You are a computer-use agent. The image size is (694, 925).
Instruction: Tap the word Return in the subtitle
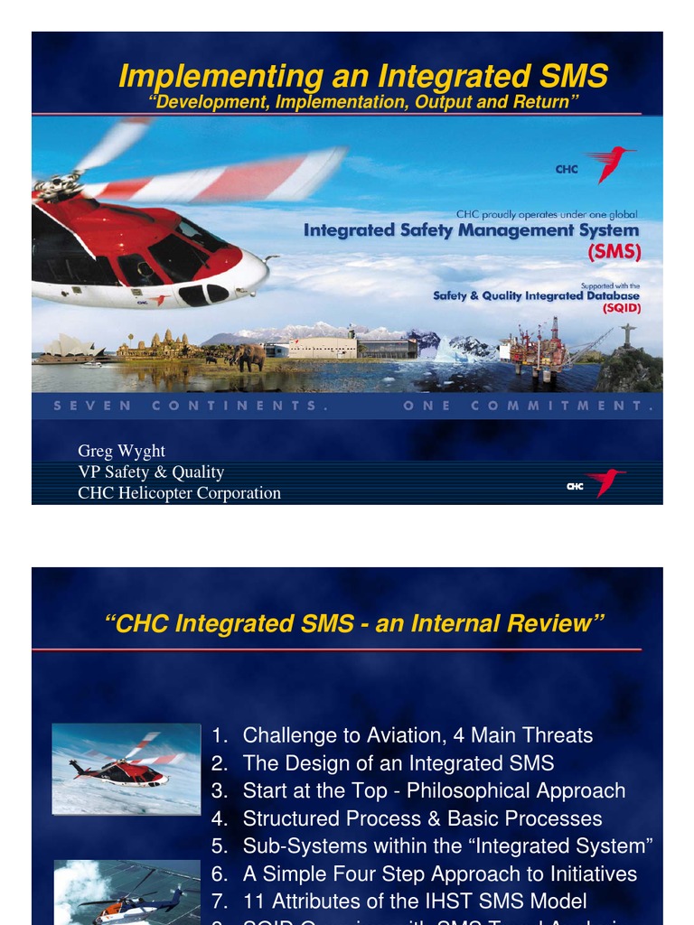tap(541, 102)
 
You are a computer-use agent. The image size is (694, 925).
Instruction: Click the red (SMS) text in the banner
tap(614, 253)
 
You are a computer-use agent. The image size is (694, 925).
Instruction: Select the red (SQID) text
tap(621, 308)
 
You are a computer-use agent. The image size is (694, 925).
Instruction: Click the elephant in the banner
tap(250, 356)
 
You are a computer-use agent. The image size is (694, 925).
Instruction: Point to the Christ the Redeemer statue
tap(627, 335)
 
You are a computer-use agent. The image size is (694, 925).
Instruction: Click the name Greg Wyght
tap(121, 451)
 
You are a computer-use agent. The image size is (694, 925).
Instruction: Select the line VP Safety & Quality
tap(151, 472)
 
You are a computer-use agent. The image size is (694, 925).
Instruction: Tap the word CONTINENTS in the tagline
tap(234, 406)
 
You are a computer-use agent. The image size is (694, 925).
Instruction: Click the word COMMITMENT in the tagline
tap(561, 406)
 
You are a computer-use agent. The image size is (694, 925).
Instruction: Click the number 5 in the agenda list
tap(218, 846)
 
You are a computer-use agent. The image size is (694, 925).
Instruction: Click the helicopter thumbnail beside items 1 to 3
tap(126, 768)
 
